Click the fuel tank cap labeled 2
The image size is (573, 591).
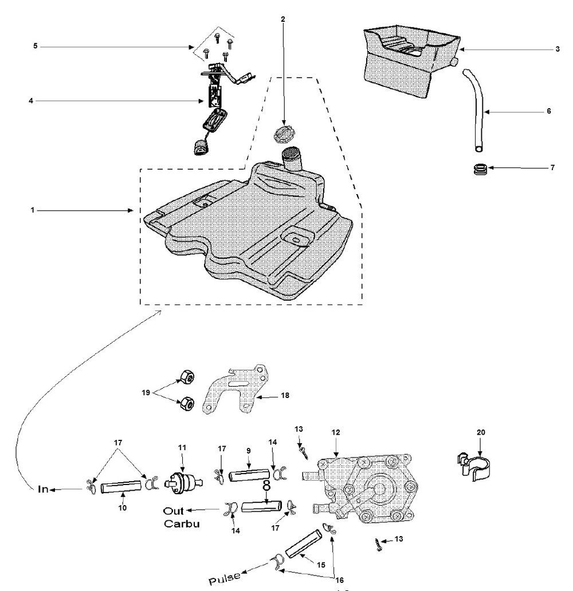point(282,135)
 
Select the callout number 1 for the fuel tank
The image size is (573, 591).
point(33,211)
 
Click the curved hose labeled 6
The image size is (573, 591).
point(476,109)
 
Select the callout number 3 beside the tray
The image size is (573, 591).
point(557,50)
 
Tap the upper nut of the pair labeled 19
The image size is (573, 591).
point(185,377)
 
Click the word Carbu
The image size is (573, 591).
point(182,523)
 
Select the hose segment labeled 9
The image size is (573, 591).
point(248,475)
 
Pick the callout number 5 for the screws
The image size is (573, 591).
point(35,45)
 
